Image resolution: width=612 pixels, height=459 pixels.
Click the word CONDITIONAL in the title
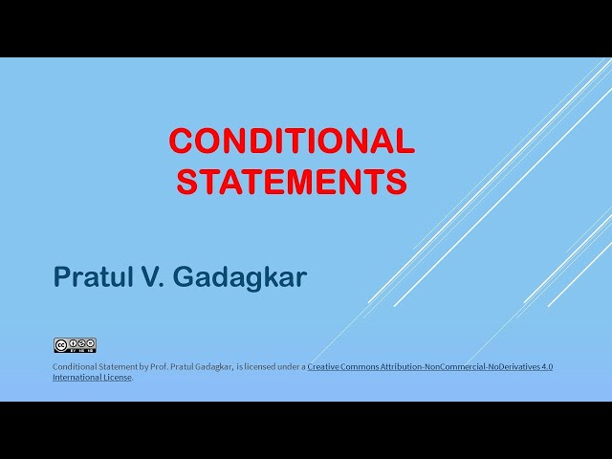click(x=292, y=142)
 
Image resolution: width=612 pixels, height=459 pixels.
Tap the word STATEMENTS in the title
click(x=292, y=181)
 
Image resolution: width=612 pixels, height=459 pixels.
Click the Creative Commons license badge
click(x=75, y=345)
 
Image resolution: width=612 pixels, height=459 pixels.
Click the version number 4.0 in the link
click(x=547, y=367)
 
